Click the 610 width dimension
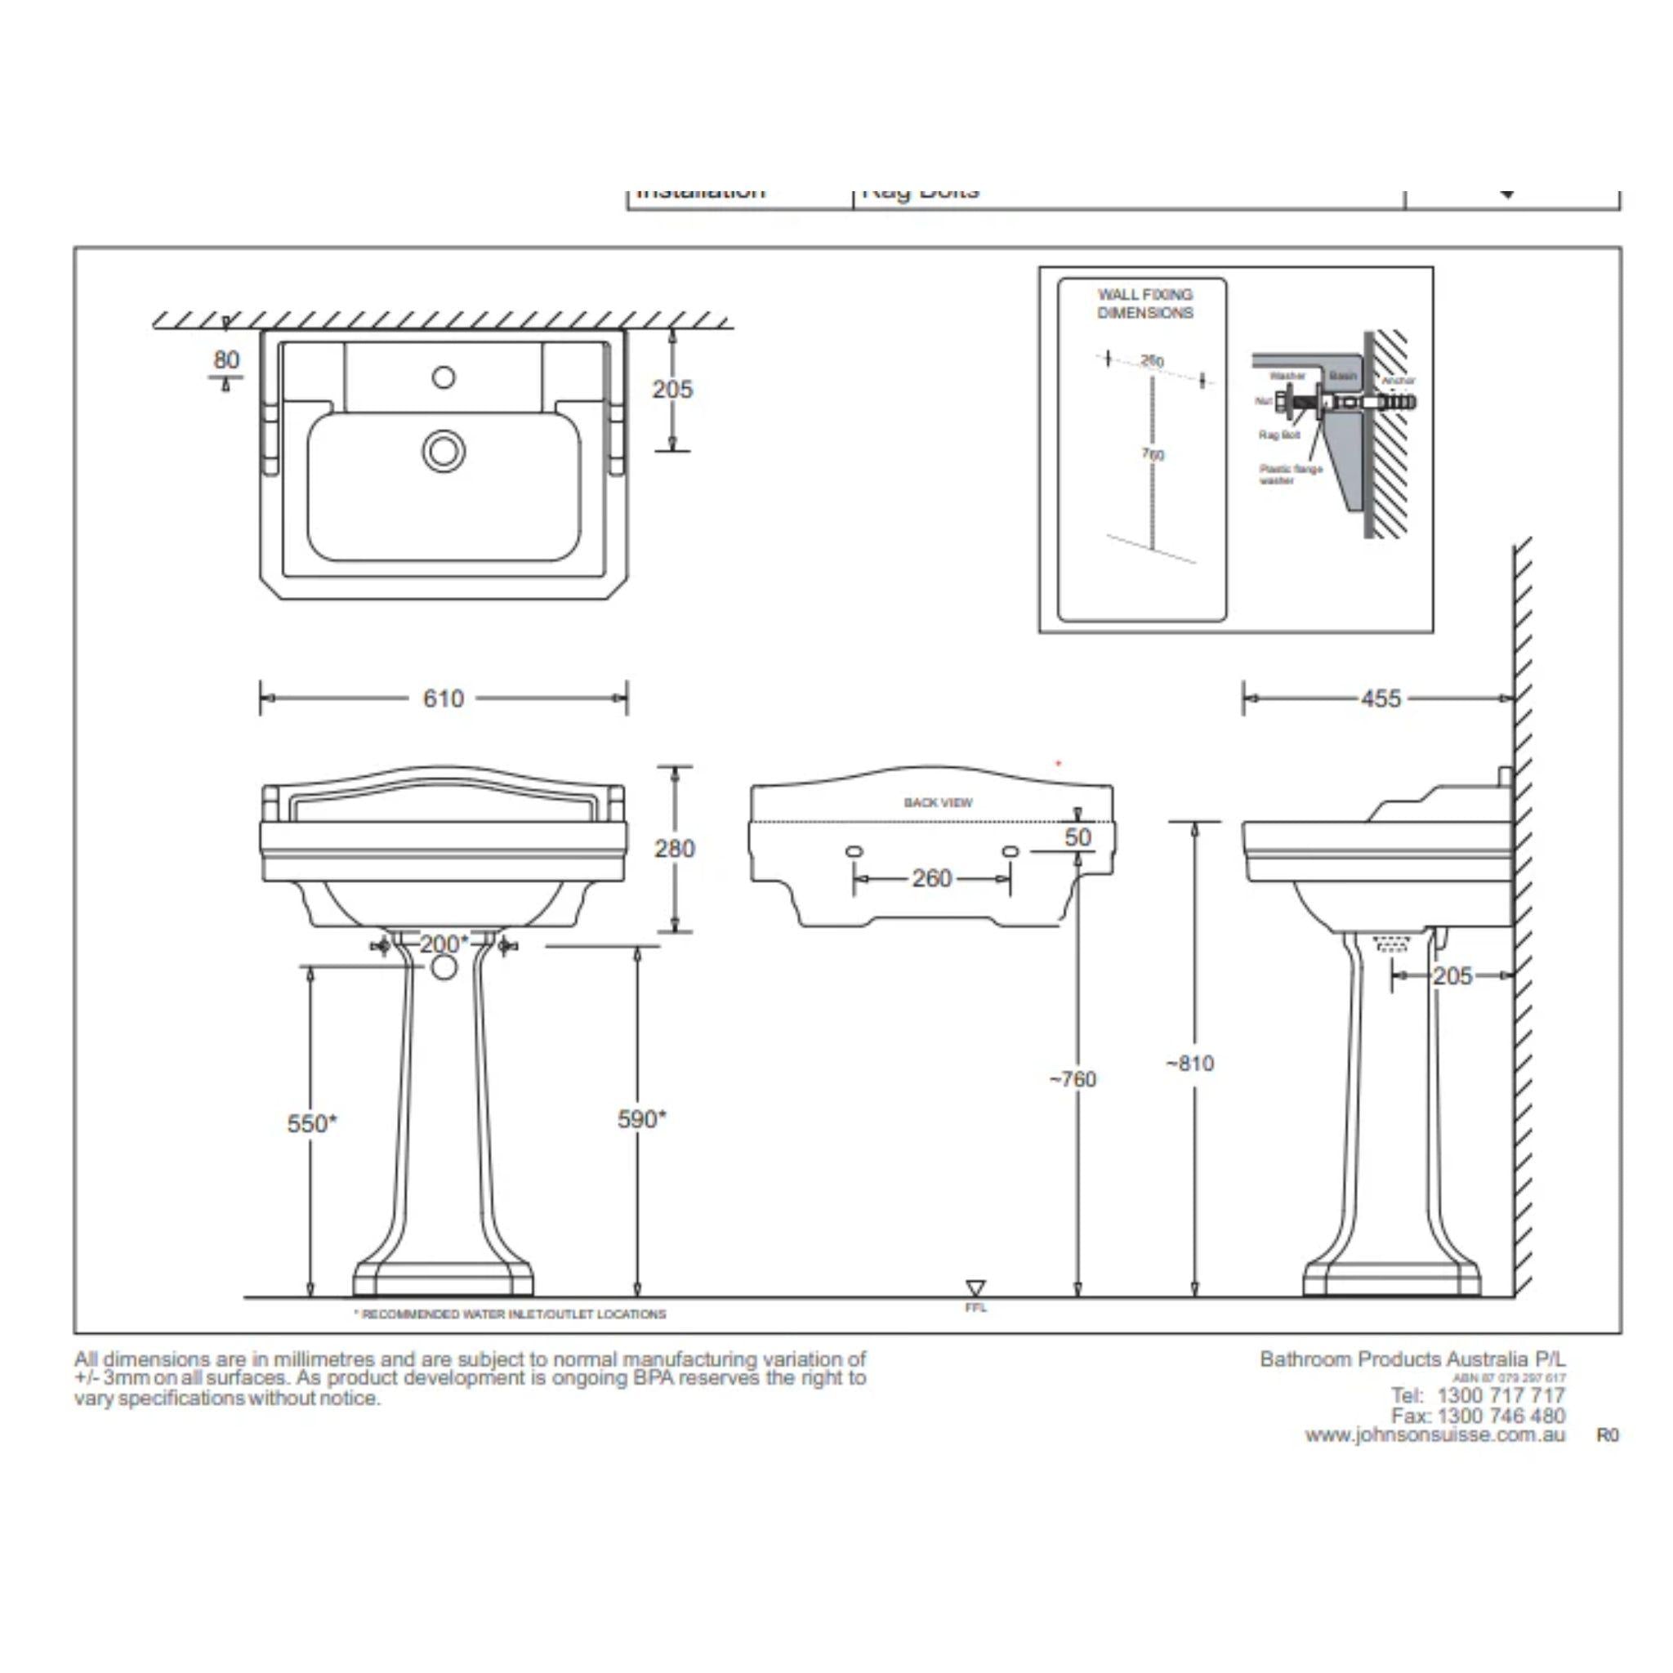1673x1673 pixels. tap(443, 698)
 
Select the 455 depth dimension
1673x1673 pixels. tap(1381, 698)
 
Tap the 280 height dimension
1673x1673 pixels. tap(674, 849)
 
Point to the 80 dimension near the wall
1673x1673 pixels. tap(226, 359)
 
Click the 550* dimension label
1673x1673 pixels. tap(312, 1123)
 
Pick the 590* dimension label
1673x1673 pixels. tap(641, 1119)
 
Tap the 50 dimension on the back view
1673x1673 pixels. tap(1077, 837)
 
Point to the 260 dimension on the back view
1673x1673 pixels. tap(932, 878)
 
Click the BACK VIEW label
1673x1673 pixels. tap(938, 803)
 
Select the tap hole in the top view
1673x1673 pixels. tap(444, 377)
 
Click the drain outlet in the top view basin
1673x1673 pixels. tap(444, 451)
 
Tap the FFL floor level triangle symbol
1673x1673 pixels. tap(975, 1287)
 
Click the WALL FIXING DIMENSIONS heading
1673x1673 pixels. tap(1144, 304)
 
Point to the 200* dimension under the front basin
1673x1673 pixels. tap(444, 943)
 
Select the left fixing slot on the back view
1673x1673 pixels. tap(853, 852)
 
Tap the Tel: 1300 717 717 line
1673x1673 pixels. tap(1477, 1395)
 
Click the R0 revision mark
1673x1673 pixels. tap(1607, 1436)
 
